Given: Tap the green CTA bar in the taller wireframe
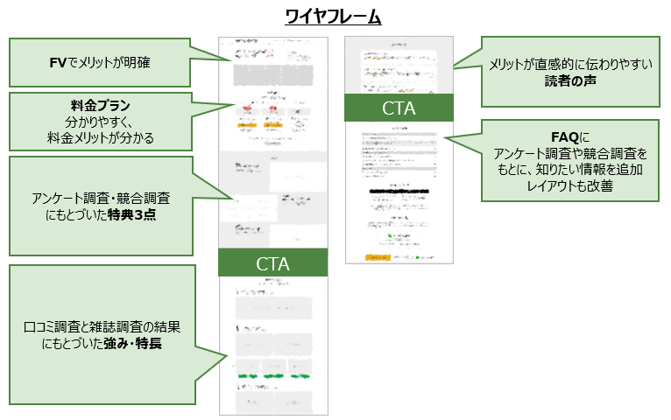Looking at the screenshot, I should (272, 262).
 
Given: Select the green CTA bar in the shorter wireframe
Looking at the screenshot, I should (399, 108).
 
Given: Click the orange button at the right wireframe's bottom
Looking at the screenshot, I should (378, 257).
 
